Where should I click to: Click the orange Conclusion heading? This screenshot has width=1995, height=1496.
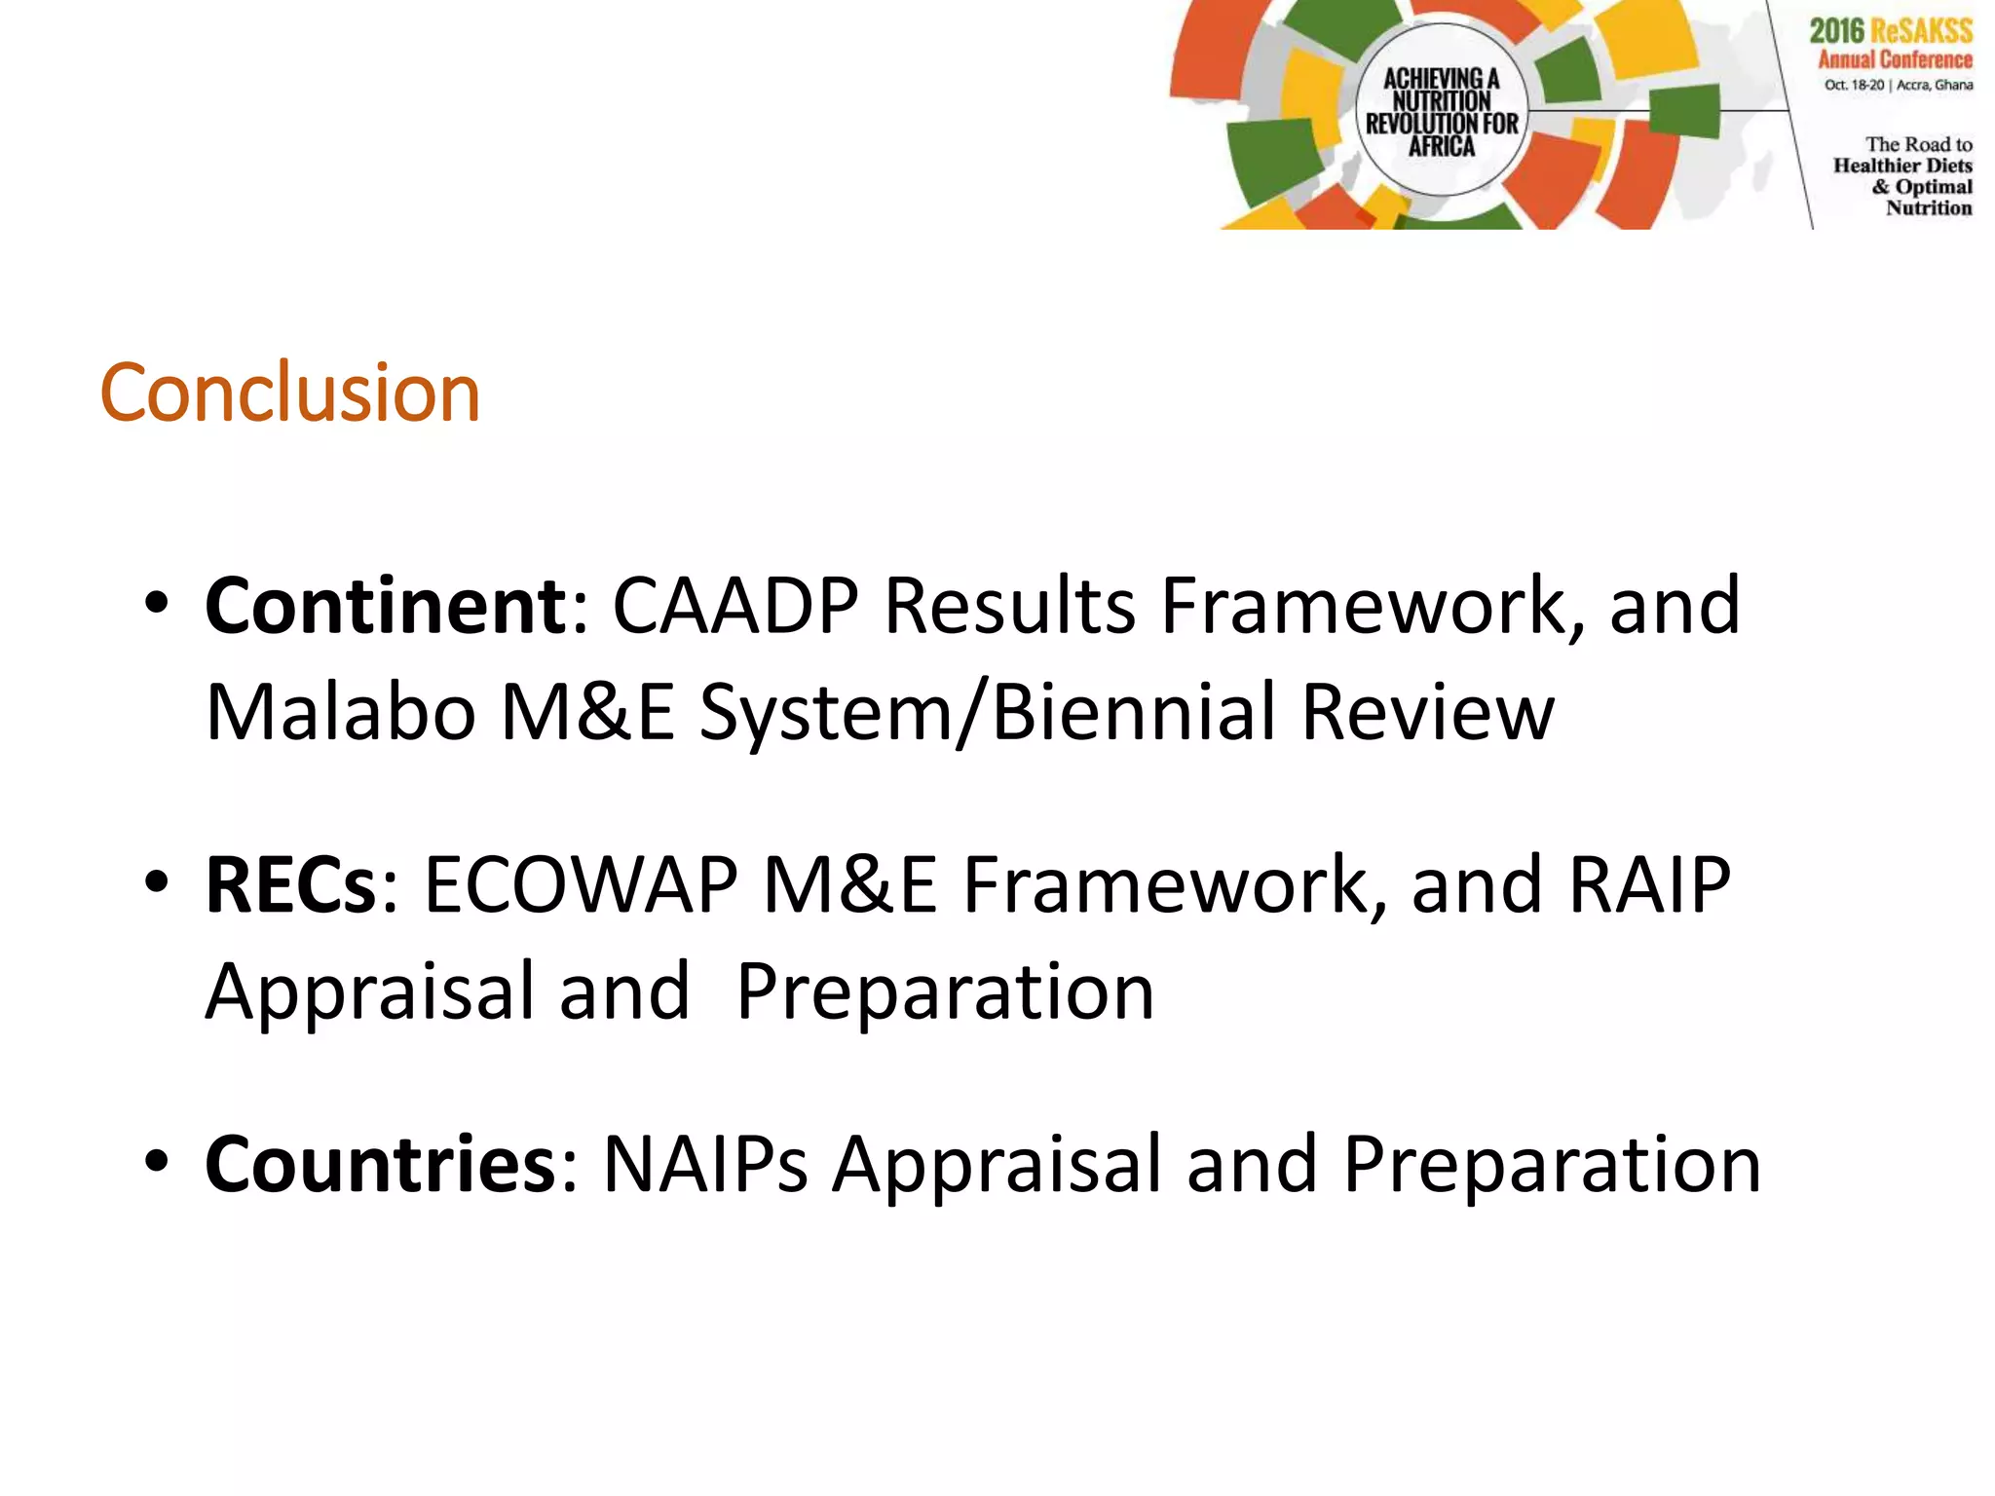tap(290, 393)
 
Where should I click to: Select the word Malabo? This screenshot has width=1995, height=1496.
tap(341, 712)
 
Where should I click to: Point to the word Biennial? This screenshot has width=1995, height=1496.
tap(1134, 712)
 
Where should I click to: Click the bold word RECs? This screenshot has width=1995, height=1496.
tap(290, 884)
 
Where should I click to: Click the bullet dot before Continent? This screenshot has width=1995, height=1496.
tap(156, 603)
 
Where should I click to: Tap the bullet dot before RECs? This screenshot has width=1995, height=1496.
tap(156, 881)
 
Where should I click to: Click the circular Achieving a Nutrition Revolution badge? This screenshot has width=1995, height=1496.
tap(1442, 110)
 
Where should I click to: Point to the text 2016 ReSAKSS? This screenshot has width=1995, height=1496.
tap(1891, 30)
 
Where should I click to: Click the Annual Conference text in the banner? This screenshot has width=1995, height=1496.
tap(1895, 59)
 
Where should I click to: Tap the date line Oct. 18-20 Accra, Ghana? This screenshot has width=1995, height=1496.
tap(1899, 85)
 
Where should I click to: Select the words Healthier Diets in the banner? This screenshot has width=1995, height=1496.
tap(1902, 166)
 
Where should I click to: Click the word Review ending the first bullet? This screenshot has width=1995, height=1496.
tap(1427, 712)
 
